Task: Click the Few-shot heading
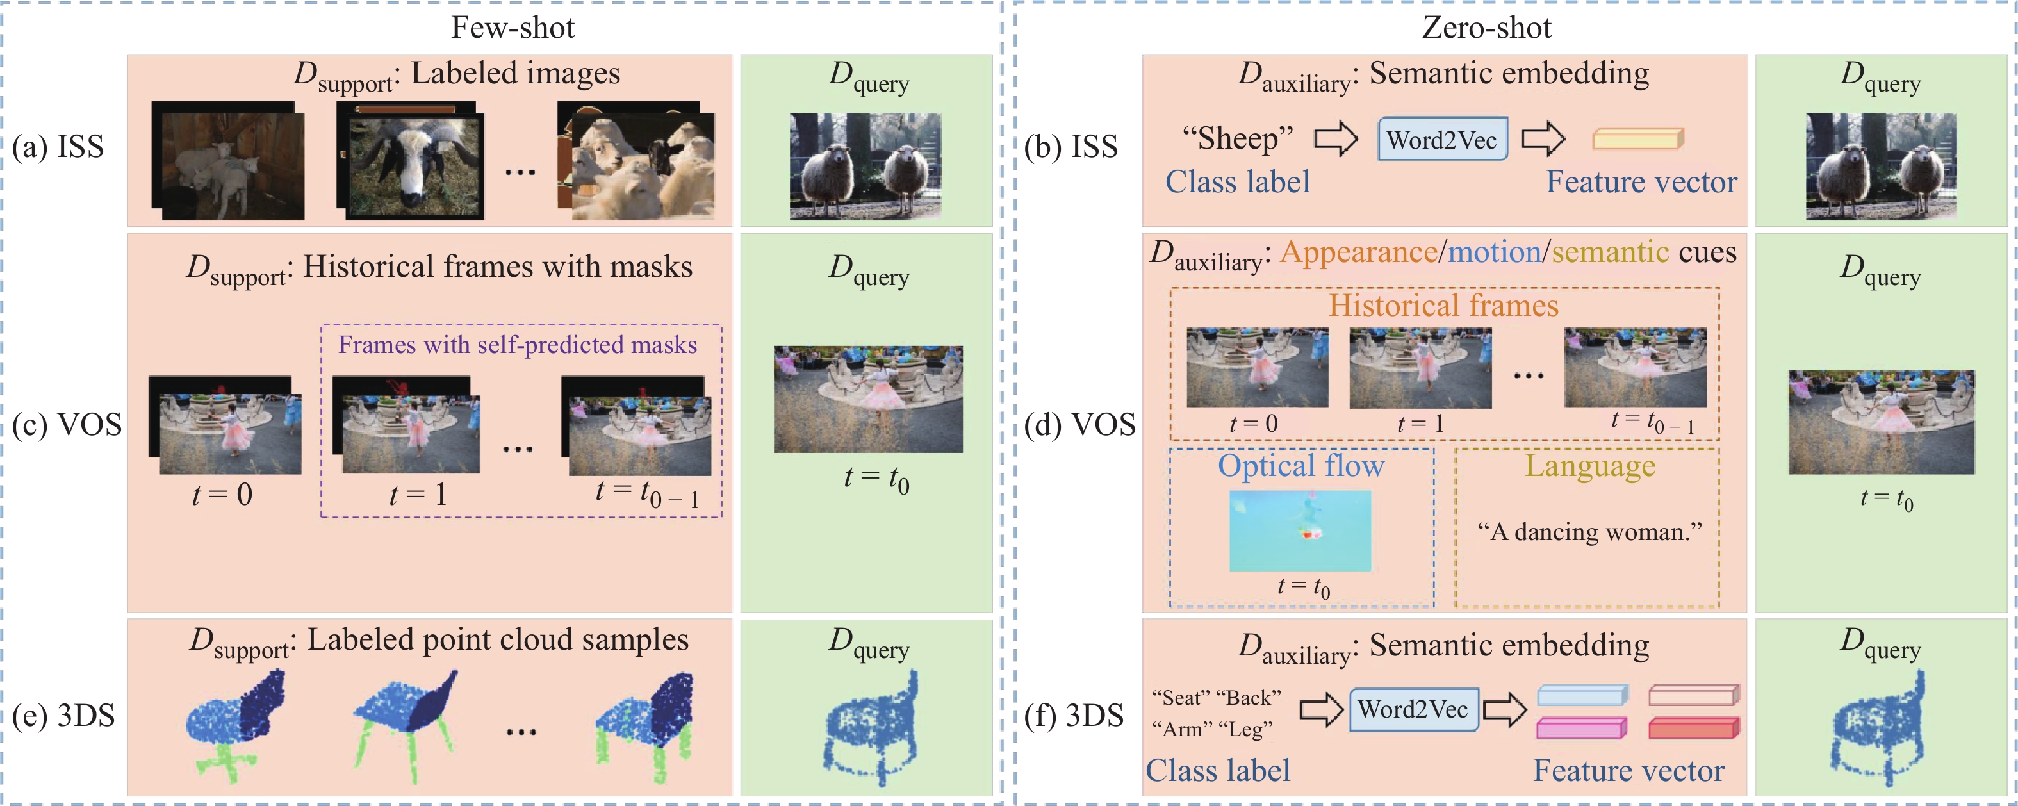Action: [513, 28]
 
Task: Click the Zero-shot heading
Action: [1486, 28]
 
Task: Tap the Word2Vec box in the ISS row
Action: [1442, 140]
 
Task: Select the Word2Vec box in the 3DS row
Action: [1413, 710]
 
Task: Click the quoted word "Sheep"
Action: [1238, 138]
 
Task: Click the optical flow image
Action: [1300, 530]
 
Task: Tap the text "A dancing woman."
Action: [1589, 532]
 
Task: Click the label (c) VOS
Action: [67, 425]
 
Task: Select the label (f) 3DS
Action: [1074, 715]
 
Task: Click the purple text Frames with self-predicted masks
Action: [517, 345]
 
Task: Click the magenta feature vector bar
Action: [1582, 728]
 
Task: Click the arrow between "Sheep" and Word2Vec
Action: [1335, 140]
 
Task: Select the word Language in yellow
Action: [1589, 466]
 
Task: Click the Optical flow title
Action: [1300, 466]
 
